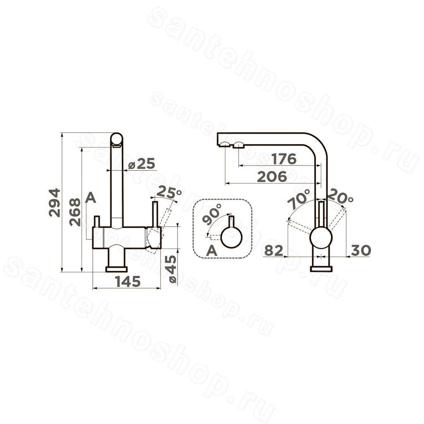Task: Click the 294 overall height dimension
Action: (x=55, y=203)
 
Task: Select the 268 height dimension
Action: (x=75, y=212)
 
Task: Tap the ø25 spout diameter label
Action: (x=142, y=164)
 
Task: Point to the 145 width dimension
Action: (x=128, y=282)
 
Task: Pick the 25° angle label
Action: (x=169, y=192)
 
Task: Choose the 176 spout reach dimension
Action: (x=284, y=159)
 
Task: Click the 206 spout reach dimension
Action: (x=272, y=177)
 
